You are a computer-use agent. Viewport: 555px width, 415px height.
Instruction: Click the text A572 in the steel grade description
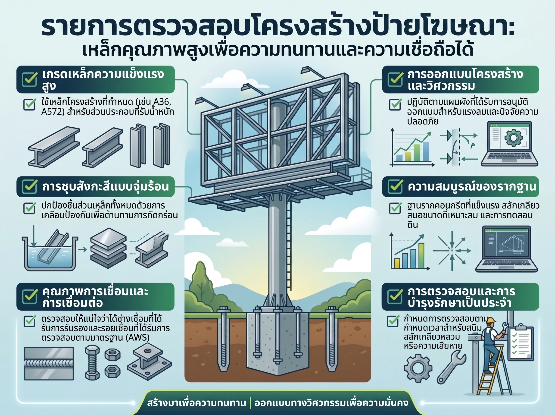pos(51,111)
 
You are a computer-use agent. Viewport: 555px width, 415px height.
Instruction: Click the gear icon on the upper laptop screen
pos(513,138)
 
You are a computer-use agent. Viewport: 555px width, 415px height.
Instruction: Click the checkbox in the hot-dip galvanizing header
pos(30,186)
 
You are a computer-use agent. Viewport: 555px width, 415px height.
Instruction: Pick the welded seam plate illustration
pos(49,364)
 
